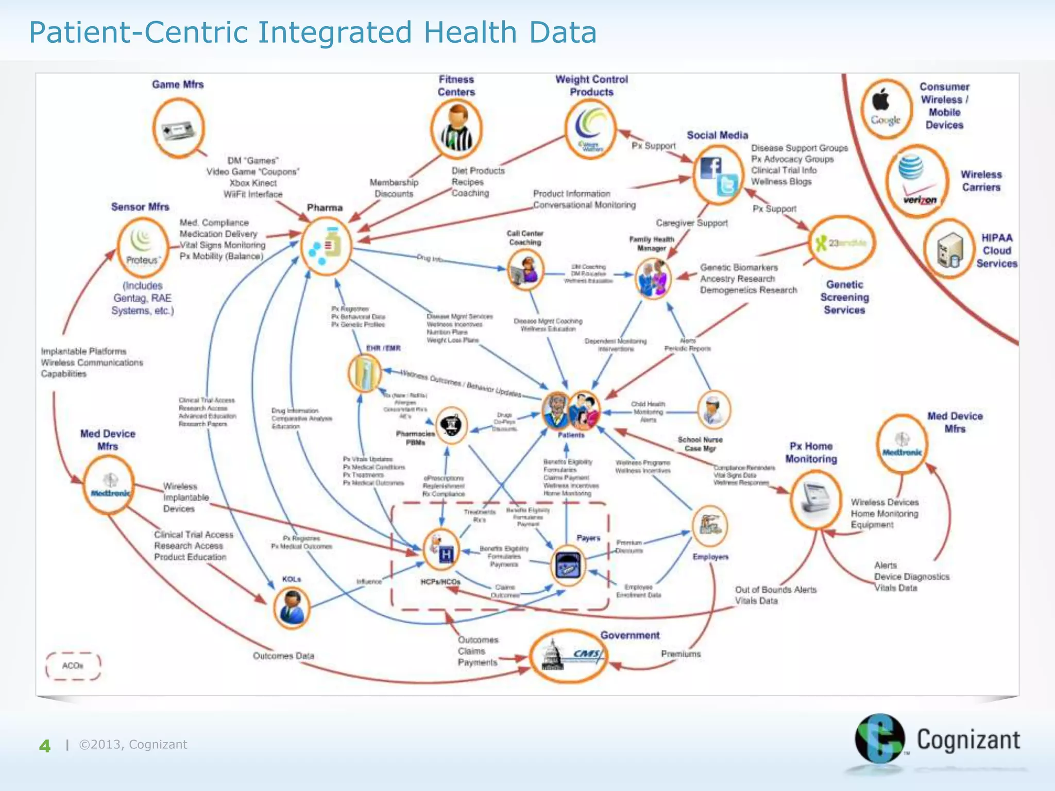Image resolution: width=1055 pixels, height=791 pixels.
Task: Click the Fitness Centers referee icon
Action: coord(456,129)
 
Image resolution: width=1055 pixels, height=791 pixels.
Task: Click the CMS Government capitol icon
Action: coord(569,656)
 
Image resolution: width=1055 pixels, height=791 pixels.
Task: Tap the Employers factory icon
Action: coord(710,526)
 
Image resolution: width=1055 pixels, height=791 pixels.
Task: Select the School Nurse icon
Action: coord(714,409)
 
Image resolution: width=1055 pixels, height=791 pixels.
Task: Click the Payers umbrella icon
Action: coord(568,565)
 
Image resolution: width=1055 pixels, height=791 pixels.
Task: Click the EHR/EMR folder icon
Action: coord(365,373)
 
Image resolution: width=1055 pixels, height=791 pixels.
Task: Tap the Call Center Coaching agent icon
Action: coord(525,270)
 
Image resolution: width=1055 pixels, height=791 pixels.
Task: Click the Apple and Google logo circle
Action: coord(886,109)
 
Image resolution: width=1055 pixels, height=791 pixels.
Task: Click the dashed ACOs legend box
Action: coord(73,666)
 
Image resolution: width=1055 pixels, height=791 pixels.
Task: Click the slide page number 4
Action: coord(45,746)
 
